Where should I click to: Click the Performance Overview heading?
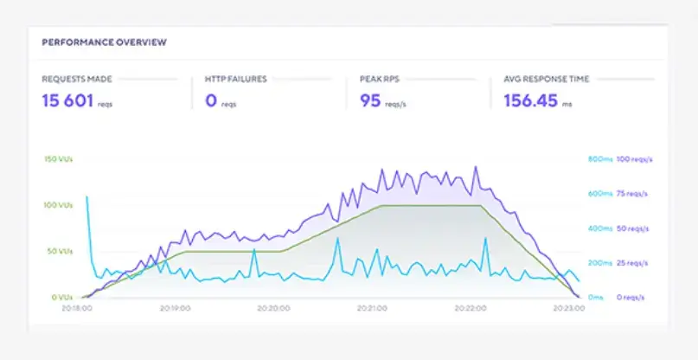(x=104, y=42)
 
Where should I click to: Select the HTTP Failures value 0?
(x=210, y=100)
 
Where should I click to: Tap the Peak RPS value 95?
(x=371, y=100)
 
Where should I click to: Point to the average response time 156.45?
(x=535, y=100)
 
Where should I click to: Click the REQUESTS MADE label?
(x=76, y=79)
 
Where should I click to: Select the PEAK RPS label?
(x=377, y=79)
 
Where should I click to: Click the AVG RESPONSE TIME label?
(x=546, y=79)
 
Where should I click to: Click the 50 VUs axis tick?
(x=58, y=251)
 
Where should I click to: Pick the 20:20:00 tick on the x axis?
(x=274, y=307)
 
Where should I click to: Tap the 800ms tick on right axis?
(x=599, y=159)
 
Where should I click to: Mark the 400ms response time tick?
(x=599, y=228)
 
